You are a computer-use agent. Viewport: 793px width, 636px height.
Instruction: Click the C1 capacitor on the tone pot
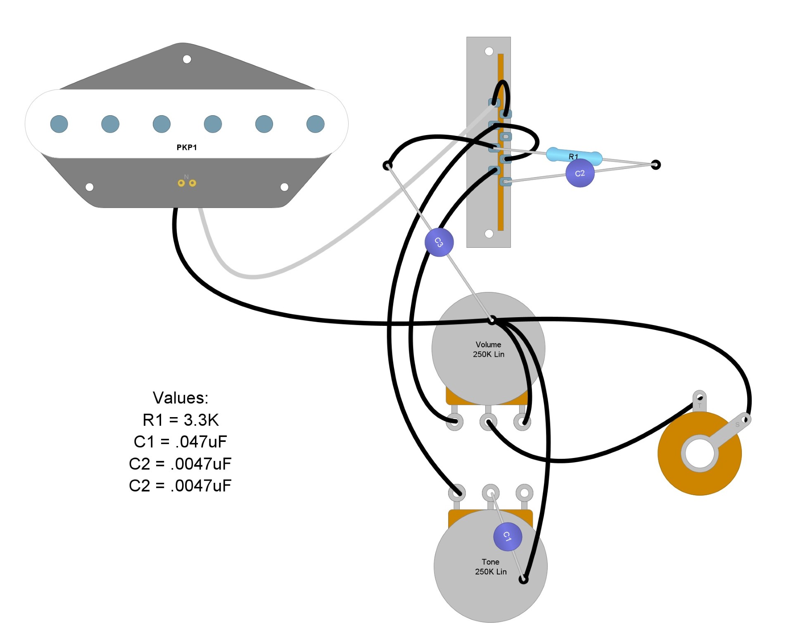click(508, 536)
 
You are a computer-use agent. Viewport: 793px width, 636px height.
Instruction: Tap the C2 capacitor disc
click(580, 173)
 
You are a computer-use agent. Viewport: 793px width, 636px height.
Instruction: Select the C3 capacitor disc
click(439, 242)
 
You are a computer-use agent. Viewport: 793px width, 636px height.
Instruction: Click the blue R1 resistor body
click(574, 156)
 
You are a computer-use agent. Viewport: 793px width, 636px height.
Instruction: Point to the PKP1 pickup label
click(187, 147)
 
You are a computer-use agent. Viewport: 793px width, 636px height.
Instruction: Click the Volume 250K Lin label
click(489, 349)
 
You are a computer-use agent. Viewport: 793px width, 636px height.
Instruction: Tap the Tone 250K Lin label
click(491, 567)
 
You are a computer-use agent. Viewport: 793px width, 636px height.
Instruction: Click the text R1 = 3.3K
click(180, 420)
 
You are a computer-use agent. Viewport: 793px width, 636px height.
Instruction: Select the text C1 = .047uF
click(180, 442)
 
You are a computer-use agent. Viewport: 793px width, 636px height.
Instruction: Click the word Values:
click(180, 398)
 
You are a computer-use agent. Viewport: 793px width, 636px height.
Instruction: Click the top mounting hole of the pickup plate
click(187, 59)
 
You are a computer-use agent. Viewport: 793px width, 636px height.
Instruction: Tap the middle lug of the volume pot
click(488, 422)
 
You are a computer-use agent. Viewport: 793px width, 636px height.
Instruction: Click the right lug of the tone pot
click(524, 493)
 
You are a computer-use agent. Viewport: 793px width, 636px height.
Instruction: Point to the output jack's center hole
click(700, 453)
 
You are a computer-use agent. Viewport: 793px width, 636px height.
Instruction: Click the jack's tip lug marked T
click(699, 398)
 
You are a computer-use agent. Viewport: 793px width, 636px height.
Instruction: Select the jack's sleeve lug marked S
click(745, 420)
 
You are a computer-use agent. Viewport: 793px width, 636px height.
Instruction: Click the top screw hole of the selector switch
click(489, 51)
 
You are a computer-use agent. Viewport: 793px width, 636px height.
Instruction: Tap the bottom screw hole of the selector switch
click(489, 234)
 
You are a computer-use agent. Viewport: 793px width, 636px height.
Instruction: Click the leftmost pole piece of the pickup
click(59, 124)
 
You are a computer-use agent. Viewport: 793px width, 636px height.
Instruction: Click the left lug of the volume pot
click(455, 422)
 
